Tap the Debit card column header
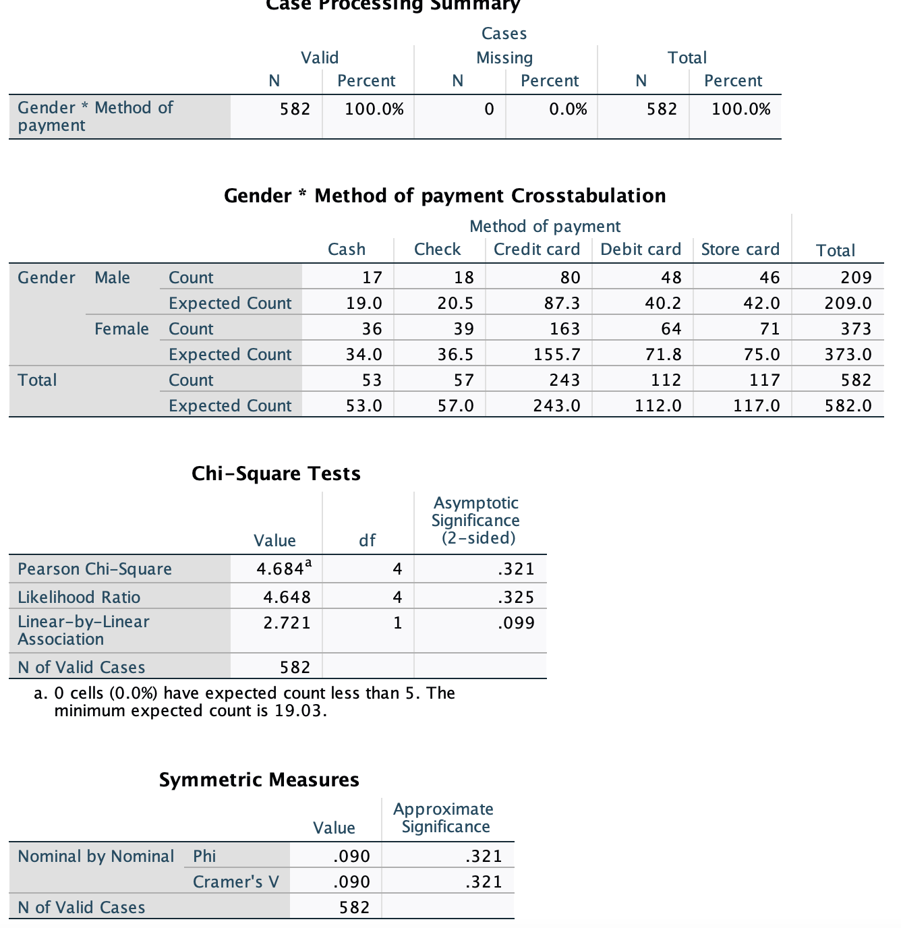641,250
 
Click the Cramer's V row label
235,881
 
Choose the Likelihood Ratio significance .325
516,597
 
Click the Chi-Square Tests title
276,473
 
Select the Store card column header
740,250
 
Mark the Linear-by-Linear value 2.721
287,622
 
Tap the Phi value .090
351,856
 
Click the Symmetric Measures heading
259,780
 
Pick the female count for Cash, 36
372,328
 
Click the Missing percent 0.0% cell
567,109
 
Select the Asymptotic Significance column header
475,521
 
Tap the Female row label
121,328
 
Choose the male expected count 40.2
663,303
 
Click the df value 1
397,622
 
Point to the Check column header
437,250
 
